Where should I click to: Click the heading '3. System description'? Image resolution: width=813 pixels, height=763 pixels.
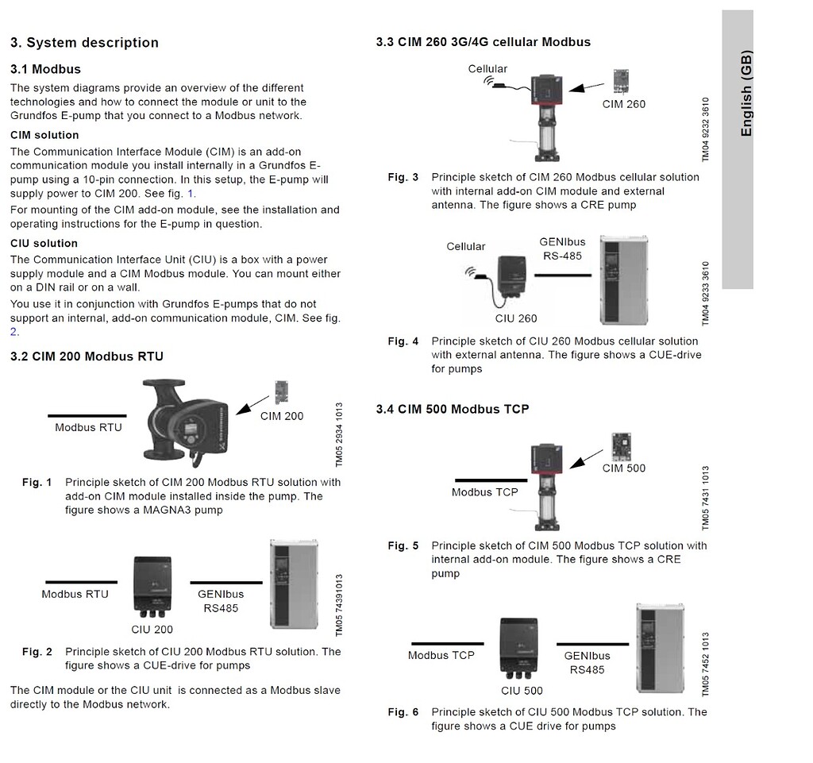pos(84,43)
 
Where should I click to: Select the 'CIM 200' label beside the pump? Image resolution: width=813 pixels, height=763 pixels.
pos(281,415)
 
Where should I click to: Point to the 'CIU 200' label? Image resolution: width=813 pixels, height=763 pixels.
pos(152,630)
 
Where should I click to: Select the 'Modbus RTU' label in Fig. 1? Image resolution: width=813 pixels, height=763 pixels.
pos(88,428)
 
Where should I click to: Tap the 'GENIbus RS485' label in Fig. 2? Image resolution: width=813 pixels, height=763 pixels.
pos(220,601)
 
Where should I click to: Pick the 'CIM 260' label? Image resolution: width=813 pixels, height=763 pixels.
pos(624,104)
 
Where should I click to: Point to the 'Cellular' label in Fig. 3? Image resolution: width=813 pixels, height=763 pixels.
pos(487,69)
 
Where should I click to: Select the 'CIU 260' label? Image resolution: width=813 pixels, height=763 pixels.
pos(516,318)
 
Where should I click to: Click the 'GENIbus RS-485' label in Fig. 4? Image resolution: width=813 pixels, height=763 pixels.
pos(563,249)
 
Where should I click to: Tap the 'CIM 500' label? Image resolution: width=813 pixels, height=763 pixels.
pos(624,468)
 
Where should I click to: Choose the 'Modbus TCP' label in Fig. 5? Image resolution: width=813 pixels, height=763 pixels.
pos(484,492)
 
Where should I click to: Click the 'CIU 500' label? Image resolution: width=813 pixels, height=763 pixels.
pos(522,691)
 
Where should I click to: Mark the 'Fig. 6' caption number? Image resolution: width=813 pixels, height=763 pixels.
pos(403,711)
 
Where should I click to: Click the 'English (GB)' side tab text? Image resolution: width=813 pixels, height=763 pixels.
pos(746,94)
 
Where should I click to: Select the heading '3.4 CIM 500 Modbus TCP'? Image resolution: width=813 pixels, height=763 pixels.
pos(452,409)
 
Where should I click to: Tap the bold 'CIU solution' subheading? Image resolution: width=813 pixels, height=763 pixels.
pos(44,244)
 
